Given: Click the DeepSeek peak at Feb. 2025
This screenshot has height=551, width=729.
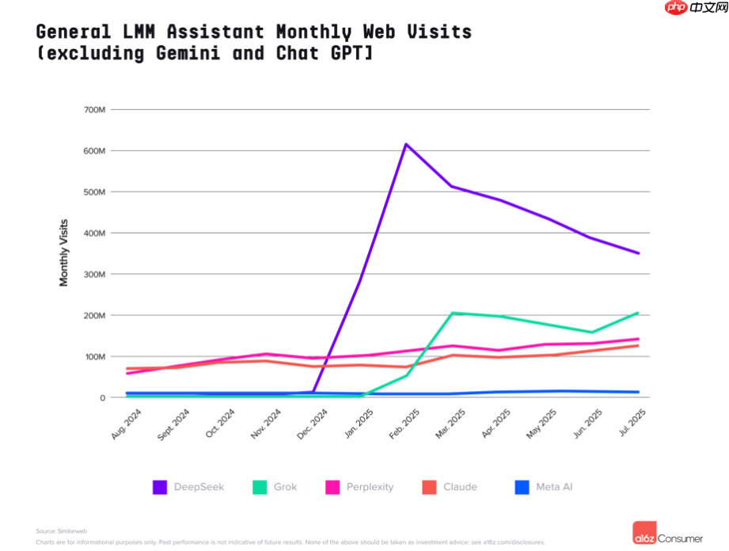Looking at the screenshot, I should click(405, 144).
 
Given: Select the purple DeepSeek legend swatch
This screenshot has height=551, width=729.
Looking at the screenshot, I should click(160, 487).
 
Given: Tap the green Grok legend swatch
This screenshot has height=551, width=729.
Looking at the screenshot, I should click(260, 487).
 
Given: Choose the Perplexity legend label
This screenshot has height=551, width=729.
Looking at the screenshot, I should click(370, 487).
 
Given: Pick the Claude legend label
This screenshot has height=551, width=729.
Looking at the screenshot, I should click(460, 487).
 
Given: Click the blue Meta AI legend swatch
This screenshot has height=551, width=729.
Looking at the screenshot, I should click(522, 487).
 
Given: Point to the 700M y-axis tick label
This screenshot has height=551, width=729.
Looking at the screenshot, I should click(94, 109).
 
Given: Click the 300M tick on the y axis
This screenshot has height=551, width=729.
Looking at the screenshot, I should click(94, 274).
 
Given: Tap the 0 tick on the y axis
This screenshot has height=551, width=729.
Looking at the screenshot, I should click(102, 397).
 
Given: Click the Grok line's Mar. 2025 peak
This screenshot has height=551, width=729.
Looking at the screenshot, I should click(452, 313).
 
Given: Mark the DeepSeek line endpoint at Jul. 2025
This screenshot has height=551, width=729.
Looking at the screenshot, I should click(638, 253).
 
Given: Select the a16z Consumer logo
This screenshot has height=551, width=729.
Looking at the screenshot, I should click(668, 534).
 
